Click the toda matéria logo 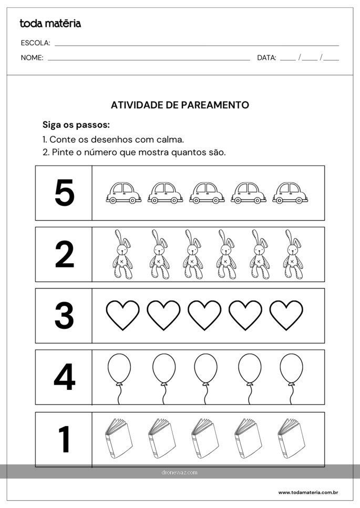tap(50, 23)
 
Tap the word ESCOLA tap(35, 43)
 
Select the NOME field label tap(32, 58)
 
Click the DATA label tap(266, 58)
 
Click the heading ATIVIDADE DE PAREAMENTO tap(180, 105)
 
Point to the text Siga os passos tap(76, 125)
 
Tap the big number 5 tap(65, 193)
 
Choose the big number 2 tap(65, 254)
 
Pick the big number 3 tap(64, 315)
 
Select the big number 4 tap(65, 377)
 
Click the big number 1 tap(65, 439)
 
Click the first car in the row tap(124, 193)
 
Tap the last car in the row tap(290, 193)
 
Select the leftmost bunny tap(122, 254)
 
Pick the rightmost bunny tap(293, 254)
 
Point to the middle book tap(205, 438)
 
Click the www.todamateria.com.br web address tap(308, 492)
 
